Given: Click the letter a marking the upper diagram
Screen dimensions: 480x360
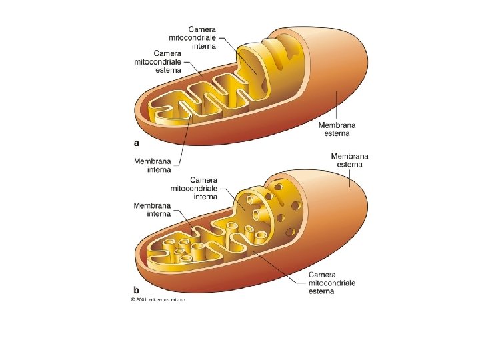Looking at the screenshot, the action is [137, 142].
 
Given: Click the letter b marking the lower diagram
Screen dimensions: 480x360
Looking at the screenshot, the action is [137, 290].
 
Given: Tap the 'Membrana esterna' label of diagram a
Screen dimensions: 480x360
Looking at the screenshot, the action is [337, 129].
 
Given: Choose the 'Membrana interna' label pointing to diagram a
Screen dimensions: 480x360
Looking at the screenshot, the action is [152, 165].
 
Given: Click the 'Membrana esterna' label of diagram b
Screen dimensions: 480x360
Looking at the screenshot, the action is [350, 161].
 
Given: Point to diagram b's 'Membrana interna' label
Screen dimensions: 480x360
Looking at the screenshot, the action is [152, 209].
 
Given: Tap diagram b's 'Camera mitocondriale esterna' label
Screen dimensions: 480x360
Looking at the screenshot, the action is [331, 283].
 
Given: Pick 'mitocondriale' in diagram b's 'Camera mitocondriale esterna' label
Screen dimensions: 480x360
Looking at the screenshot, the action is [331, 283].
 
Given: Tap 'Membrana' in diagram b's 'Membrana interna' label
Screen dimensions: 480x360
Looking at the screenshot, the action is [152, 205].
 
